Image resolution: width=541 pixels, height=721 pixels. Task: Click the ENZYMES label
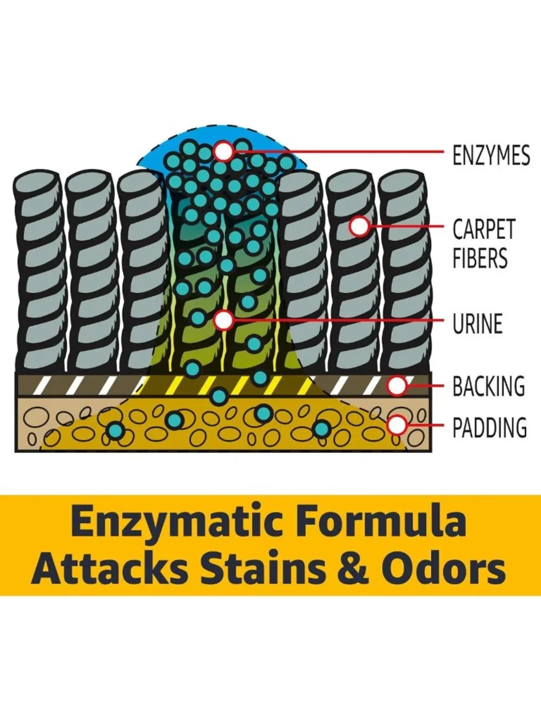point(491,155)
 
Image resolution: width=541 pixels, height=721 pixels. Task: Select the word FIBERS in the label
point(480,258)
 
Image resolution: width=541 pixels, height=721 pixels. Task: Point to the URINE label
point(478,323)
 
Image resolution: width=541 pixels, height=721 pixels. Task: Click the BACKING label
point(489,386)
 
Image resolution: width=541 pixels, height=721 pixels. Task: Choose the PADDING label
point(490,427)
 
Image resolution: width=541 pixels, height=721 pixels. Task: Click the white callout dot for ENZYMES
point(223,151)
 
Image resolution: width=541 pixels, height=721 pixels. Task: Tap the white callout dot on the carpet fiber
point(360,226)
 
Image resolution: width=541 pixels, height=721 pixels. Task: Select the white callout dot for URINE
point(223,320)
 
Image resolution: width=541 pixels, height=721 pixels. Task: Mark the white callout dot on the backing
point(397,386)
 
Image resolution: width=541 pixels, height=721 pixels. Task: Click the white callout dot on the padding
point(397,425)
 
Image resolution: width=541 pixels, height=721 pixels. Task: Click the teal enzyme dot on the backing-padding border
point(219,396)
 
